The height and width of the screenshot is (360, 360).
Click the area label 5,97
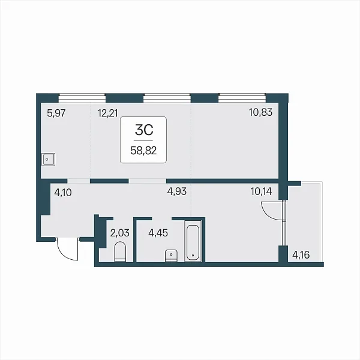pos(56,113)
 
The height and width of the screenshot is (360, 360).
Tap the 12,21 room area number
pos(107,113)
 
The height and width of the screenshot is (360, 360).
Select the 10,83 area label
pos(260,112)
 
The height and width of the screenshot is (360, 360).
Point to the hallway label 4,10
pos(63,193)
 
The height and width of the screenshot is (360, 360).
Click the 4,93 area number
pos(177,191)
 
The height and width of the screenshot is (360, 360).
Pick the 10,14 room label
pos(261,191)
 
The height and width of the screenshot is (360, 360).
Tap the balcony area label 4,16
pos(301,255)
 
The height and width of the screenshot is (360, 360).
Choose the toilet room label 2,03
pos(120,233)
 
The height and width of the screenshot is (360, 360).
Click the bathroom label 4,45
pos(158,233)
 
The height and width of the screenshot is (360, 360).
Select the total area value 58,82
pos(143,151)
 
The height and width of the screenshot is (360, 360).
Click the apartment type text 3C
pos(144,130)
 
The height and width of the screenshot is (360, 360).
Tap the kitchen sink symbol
pos(48,160)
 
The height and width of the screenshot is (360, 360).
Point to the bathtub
pos(193,241)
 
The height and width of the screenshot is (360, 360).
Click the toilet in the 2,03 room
pos(120,251)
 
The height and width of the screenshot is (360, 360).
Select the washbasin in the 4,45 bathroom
pos(171,256)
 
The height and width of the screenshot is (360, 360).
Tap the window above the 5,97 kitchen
pos(82,98)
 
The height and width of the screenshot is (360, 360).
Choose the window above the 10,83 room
pos(242,98)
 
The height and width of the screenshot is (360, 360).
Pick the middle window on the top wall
pos(167,98)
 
